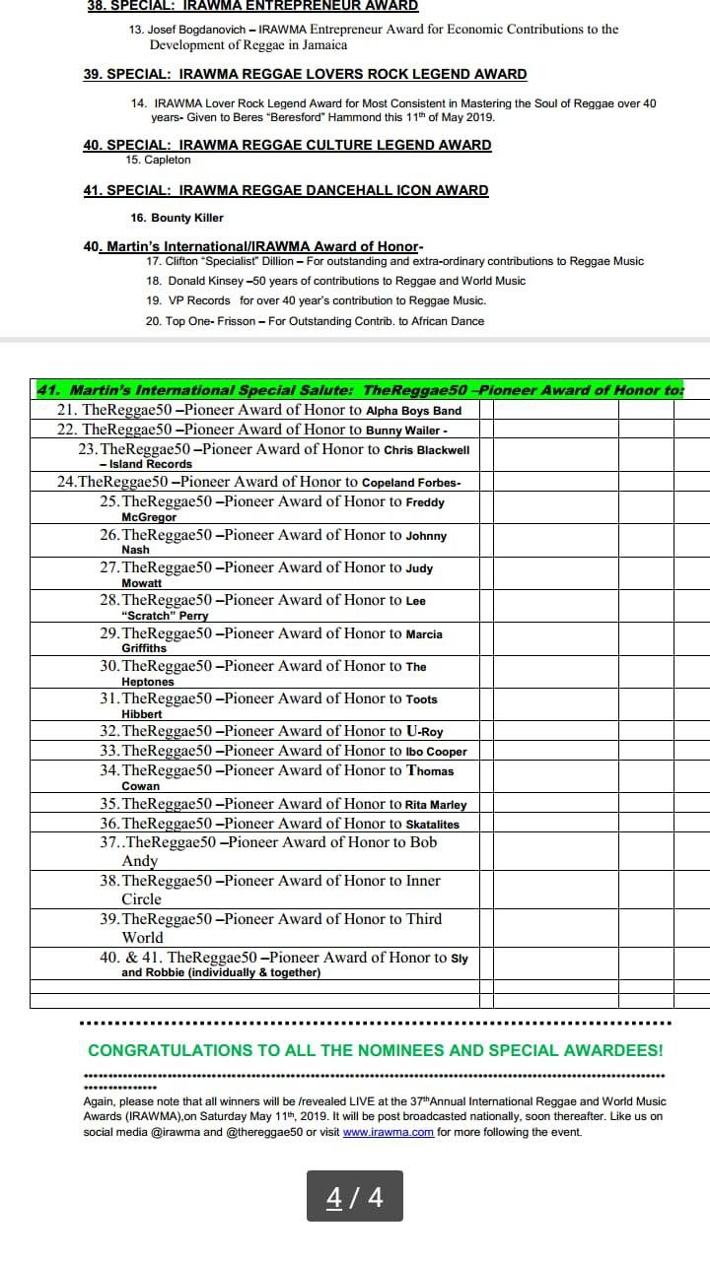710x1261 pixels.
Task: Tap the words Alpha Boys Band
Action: click(413, 411)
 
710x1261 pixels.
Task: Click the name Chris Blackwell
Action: click(426, 450)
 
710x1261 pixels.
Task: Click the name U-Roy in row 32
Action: click(424, 732)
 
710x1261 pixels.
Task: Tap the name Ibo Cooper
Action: click(436, 752)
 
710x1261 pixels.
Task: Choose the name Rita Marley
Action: click(436, 805)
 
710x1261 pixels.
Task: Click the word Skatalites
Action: click(432, 825)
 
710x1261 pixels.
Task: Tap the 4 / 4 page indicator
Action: click(355, 1197)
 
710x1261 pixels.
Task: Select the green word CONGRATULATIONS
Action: click(170, 1051)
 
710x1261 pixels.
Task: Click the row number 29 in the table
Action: click(109, 633)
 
